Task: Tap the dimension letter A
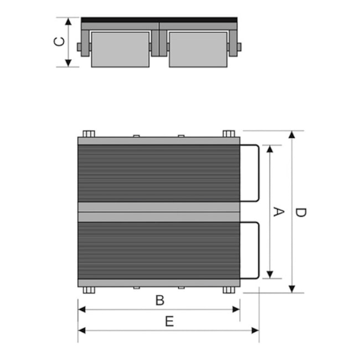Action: (279, 212)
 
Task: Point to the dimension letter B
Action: (160, 300)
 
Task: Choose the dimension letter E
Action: (169, 322)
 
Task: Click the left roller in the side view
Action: (120, 49)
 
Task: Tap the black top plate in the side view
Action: (159, 20)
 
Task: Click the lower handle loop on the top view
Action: (256, 250)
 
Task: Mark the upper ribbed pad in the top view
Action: (159, 173)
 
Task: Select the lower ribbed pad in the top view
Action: (159, 250)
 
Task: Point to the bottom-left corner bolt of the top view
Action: (89, 290)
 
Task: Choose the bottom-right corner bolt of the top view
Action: (229, 290)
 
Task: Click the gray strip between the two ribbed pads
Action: (159, 212)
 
